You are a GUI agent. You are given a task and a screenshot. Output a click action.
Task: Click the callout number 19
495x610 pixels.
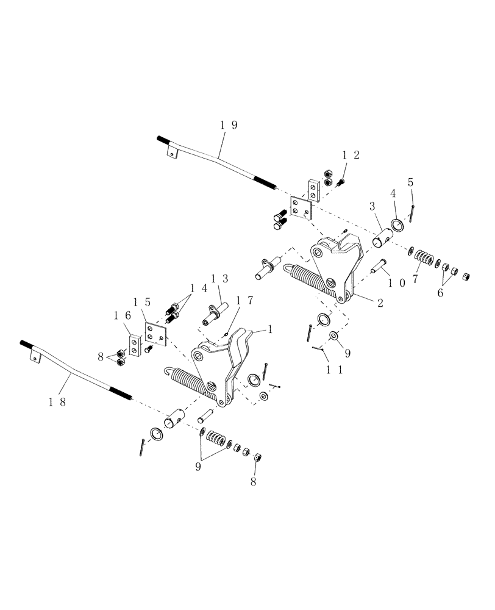click(229, 125)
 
